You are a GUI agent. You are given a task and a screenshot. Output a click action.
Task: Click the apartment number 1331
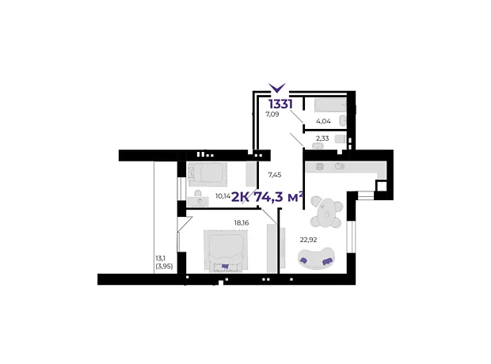pyautogui.click(x=280, y=104)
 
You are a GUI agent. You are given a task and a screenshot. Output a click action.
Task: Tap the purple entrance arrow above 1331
pyautogui.click(x=277, y=88)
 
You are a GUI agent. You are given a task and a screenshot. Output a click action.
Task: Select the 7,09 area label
pyautogui.click(x=272, y=114)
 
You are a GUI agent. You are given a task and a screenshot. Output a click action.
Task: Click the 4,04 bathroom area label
pyautogui.click(x=323, y=121)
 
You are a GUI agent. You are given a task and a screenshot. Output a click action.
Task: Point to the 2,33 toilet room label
pyautogui.click(x=322, y=138)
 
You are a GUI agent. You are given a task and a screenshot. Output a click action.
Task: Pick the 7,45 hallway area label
pyautogui.click(x=274, y=175)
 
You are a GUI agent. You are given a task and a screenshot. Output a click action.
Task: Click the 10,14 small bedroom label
pyautogui.click(x=223, y=196)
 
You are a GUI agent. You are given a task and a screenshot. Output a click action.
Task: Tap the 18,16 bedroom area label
pyautogui.click(x=242, y=223)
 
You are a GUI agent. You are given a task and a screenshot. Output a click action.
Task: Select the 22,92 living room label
pyautogui.click(x=308, y=240)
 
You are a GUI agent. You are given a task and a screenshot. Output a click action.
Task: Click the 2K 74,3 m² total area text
pyautogui.click(x=268, y=197)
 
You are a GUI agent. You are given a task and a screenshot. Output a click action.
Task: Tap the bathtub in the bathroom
pyautogui.click(x=331, y=105)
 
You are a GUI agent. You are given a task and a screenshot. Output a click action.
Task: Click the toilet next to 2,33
pyautogui.click(x=340, y=138)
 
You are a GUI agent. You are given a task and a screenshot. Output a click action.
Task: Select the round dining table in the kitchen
pyautogui.click(x=326, y=213)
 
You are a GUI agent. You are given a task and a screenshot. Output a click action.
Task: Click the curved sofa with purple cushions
pyautogui.click(x=316, y=258)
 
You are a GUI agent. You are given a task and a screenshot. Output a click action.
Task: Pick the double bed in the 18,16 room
pyautogui.click(x=225, y=250)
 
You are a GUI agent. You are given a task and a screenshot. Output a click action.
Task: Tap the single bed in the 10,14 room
pyautogui.click(x=207, y=172)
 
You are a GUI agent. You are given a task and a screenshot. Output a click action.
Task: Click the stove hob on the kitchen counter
pyautogui.click(x=320, y=166)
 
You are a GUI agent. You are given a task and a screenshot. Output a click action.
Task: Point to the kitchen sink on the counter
pyautogui.click(x=340, y=166)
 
